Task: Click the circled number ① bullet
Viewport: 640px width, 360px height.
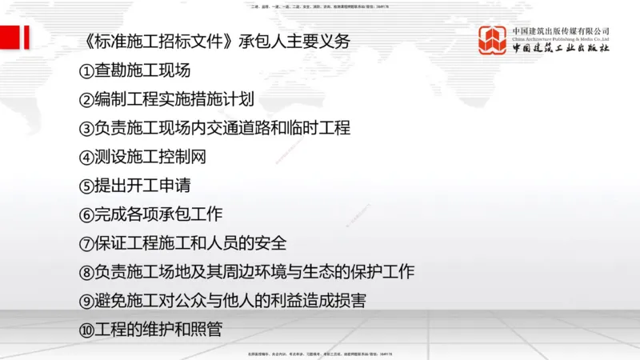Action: [87, 71]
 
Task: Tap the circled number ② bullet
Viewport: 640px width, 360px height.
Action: [87, 100]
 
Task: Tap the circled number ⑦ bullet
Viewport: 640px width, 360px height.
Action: [87, 243]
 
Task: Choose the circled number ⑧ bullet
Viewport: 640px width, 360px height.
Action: [87, 272]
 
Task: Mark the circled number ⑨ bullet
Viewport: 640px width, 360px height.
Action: [87, 301]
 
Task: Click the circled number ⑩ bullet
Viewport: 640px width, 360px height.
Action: [87, 330]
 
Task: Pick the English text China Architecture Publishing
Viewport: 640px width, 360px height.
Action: [552, 38]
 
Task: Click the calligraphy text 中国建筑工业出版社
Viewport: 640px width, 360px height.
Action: [561, 50]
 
